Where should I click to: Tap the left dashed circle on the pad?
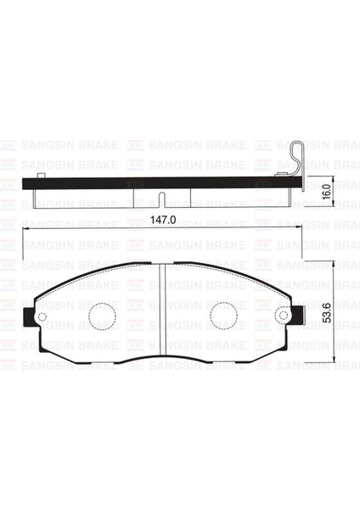coord(102,316)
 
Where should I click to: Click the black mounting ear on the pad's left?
coord(32,317)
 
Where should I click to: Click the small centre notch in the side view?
coord(162,199)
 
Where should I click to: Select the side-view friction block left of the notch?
coord(93,196)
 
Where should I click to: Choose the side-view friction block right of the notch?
coord(229,196)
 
